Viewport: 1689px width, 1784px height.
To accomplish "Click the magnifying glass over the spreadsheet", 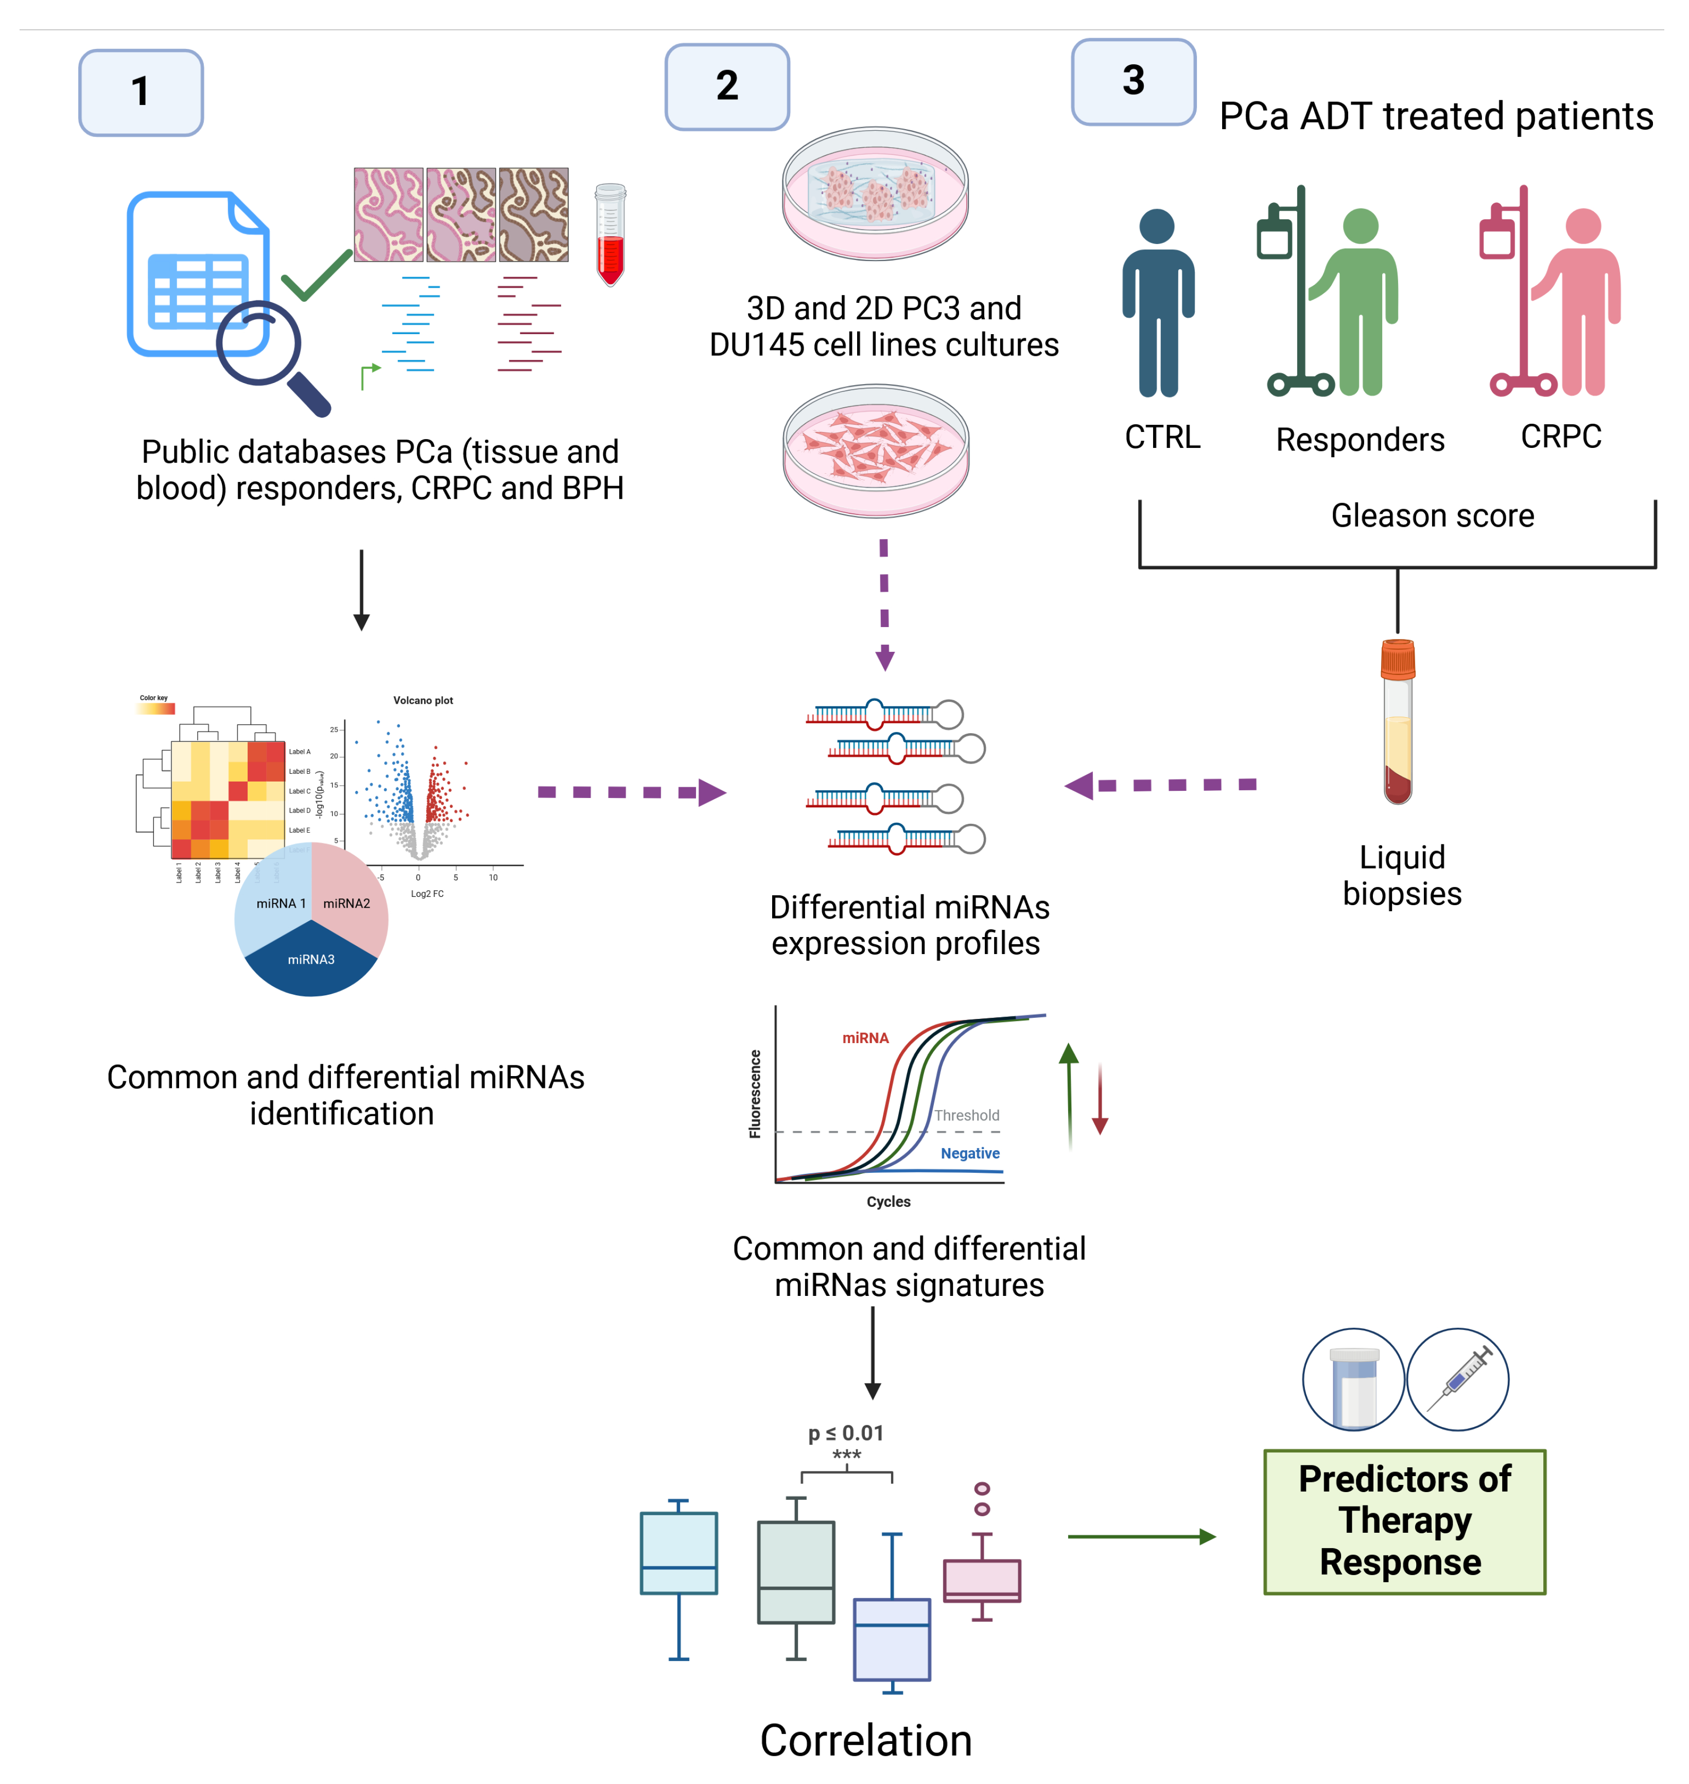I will [267, 351].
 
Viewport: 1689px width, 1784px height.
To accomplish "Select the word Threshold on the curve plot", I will [966, 1115].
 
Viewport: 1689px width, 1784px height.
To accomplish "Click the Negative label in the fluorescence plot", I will [970, 1153].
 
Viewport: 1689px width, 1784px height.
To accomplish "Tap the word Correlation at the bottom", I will [865, 1739].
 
